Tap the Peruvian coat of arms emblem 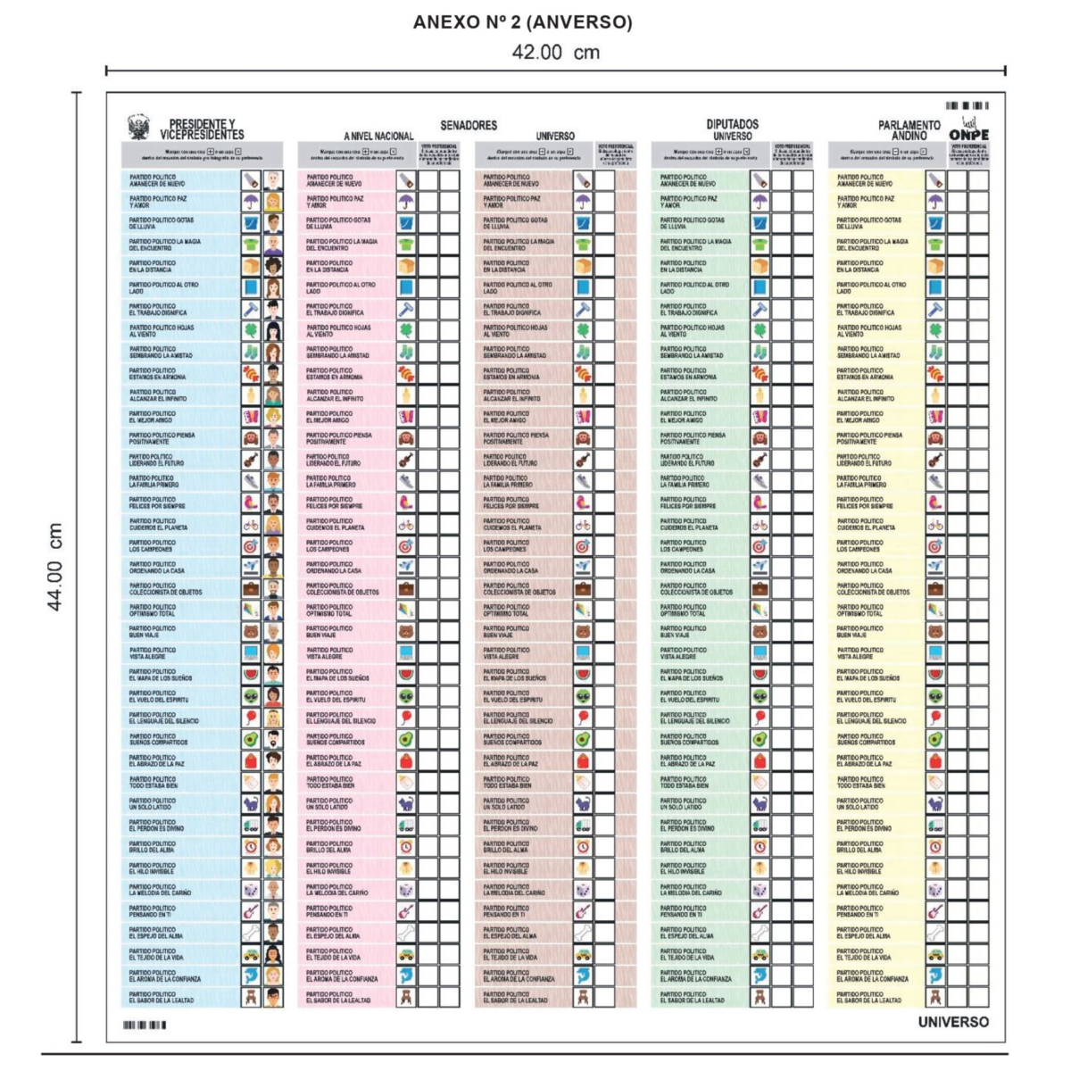137,127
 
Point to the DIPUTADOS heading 732,125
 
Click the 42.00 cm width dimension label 555,53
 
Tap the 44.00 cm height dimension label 55,568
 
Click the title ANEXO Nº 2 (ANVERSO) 522,22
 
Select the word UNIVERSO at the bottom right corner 953,1022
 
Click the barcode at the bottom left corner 144,1025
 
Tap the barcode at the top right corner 967,105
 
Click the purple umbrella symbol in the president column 251,202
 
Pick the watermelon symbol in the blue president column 251,675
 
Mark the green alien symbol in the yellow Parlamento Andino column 935,696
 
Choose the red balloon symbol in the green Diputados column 760,718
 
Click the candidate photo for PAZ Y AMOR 272,202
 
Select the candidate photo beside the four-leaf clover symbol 272,330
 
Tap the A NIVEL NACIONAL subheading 378,137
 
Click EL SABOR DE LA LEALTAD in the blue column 161,997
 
